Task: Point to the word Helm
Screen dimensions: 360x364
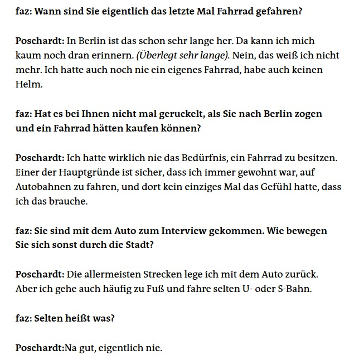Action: [x=26, y=84]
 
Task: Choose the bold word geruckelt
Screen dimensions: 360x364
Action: [x=174, y=114]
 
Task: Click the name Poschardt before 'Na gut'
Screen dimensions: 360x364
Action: [x=39, y=348]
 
